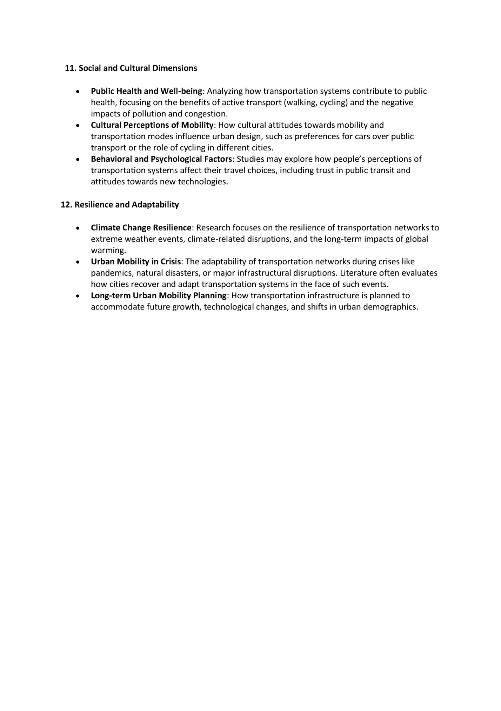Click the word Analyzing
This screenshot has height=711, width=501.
coord(225,92)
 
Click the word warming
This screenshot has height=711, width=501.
coord(108,251)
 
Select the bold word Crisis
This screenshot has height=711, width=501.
coord(171,262)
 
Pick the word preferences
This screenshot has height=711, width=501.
coord(316,137)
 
